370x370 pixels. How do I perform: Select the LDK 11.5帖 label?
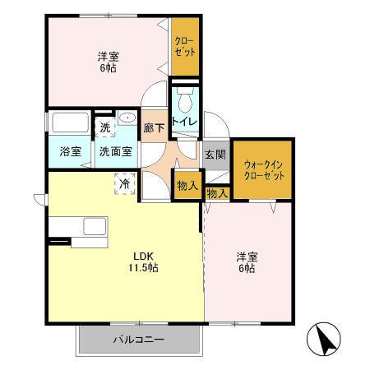pos(142,261)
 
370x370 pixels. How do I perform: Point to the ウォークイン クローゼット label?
pos(263,170)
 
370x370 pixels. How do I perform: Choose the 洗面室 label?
pos(115,151)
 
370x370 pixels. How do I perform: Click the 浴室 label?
pos(68,151)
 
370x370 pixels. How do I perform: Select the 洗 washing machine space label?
pos(104,127)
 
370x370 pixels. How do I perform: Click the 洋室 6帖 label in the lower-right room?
pos(245,261)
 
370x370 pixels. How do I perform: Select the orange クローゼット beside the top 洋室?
pos(184,45)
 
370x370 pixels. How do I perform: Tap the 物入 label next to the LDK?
pos(187,186)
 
